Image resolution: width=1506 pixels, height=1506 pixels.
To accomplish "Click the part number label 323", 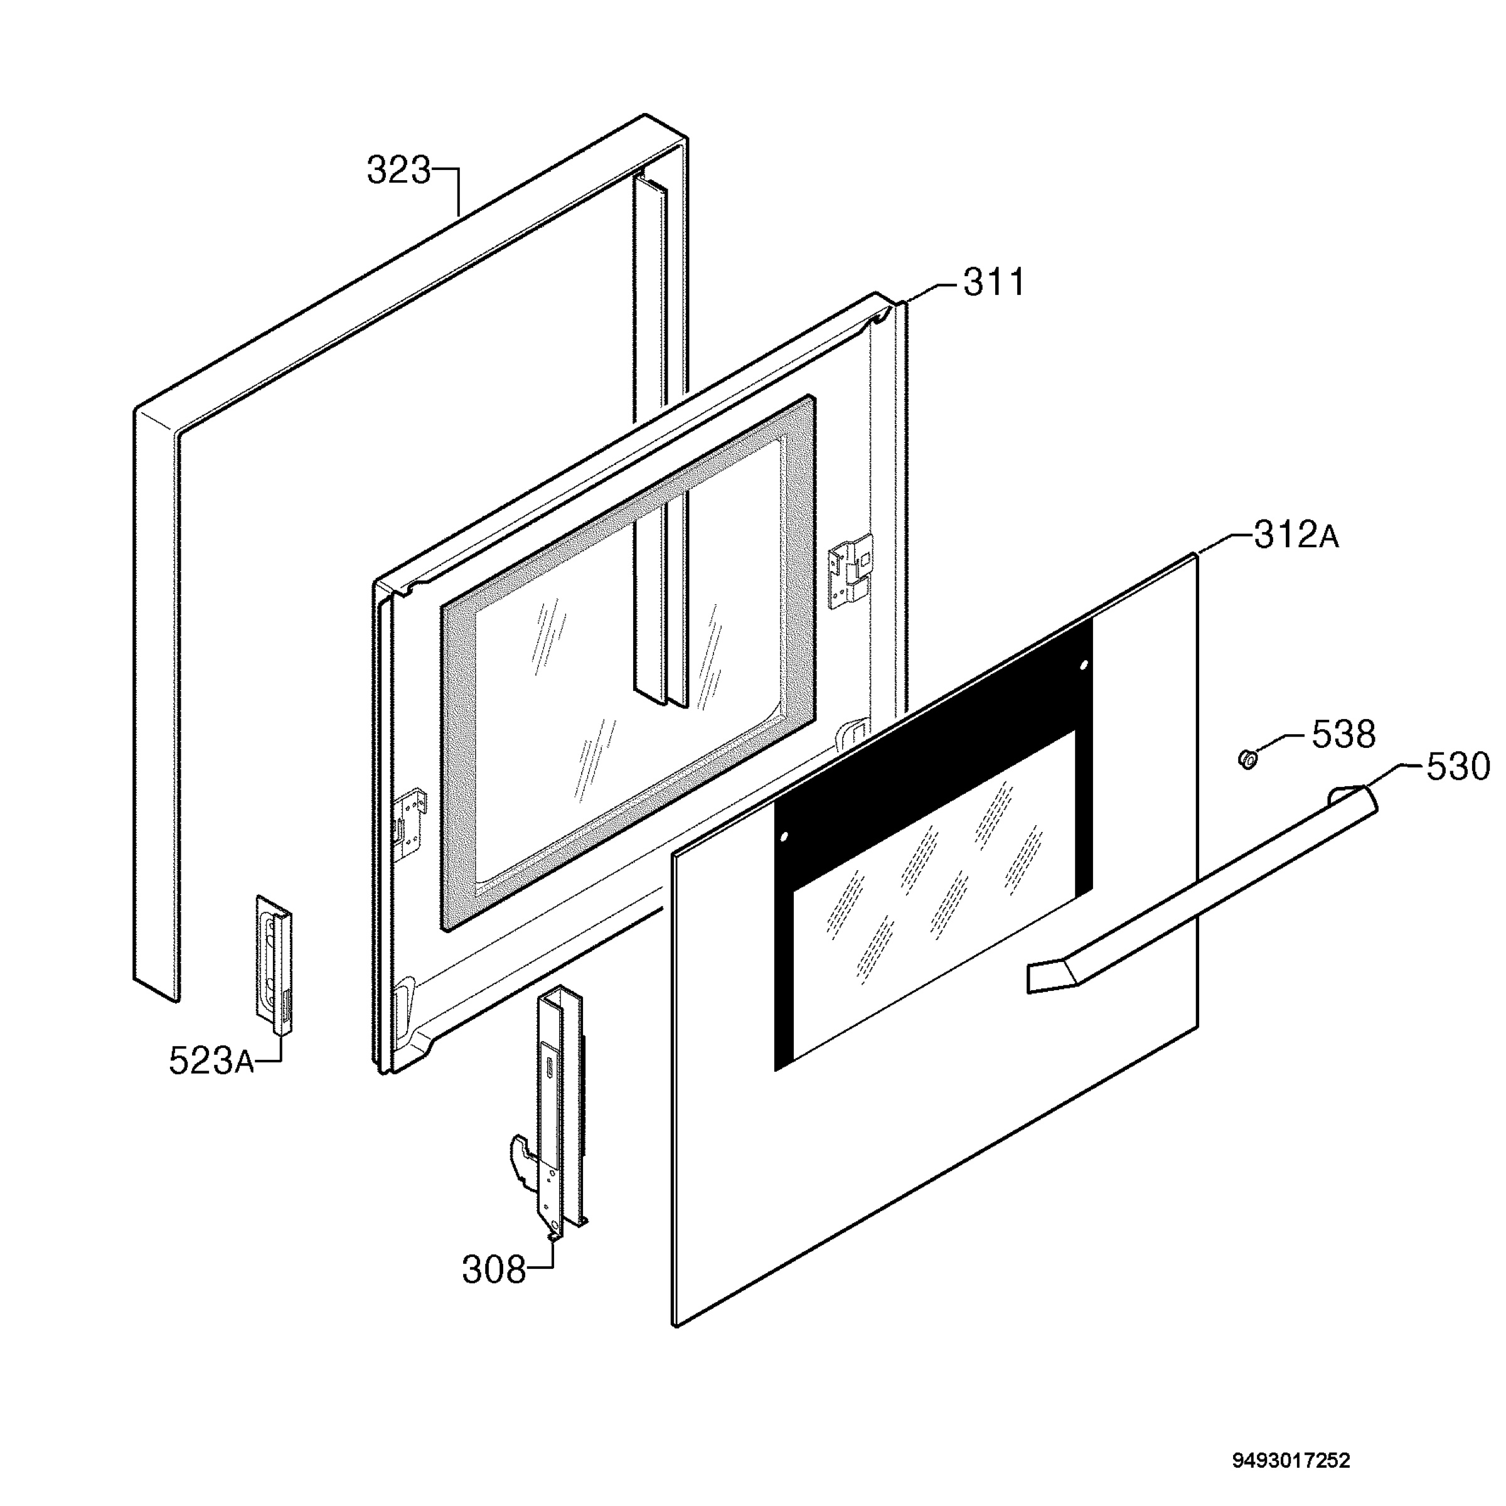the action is [398, 171].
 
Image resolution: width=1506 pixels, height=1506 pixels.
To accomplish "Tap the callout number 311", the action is [994, 282].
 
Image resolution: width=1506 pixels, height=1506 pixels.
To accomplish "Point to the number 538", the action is [1344, 734].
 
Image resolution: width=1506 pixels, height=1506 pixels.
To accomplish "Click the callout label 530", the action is [1458, 767].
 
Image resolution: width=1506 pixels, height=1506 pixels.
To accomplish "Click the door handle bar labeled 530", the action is [1200, 889].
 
